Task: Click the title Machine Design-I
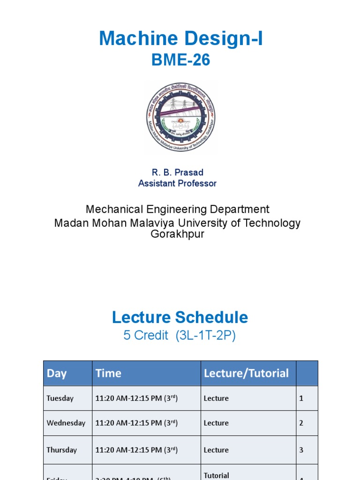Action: (x=180, y=39)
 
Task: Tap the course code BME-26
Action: (x=180, y=60)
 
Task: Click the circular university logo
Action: (x=180, y=116)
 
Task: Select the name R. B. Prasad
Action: (x=177, y=172)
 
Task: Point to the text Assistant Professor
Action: (x=177, y=183)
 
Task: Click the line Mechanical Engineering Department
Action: (x=177, y=209)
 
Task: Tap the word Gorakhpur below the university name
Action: (x=177, y=234)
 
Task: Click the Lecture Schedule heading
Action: (x=180, y=317)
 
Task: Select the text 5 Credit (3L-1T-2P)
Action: (x=180, y=336)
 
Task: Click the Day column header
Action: (x=57, y=374)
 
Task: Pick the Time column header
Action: (x=108, y=374)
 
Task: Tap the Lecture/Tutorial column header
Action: (x=246, y=374)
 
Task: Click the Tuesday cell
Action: (x=60, y=398)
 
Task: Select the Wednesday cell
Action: (x=66, y=423)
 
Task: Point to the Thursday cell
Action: (x=61, y=450)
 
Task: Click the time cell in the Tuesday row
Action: (x=136, y=398)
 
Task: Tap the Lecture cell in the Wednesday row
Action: (x=216, y=423)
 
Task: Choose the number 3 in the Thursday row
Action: (x=301, y=450)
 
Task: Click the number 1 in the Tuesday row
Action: (x=301, y=398)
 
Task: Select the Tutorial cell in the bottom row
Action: (x=217, y=475)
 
